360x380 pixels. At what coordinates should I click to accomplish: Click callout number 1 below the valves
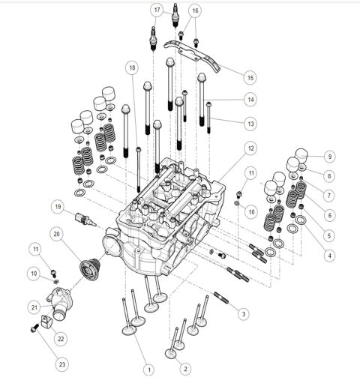pyautogui.click(x=148, y=369)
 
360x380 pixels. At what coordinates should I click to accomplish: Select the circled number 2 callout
pyautogui.click(x=187, y=368)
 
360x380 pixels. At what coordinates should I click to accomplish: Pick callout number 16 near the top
pyautogui.click(x=195, y=10)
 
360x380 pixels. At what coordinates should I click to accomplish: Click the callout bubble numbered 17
pyautogui.click(x=157, y=10)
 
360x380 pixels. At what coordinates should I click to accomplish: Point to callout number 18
pyautogui.click(x=132, y=67)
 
